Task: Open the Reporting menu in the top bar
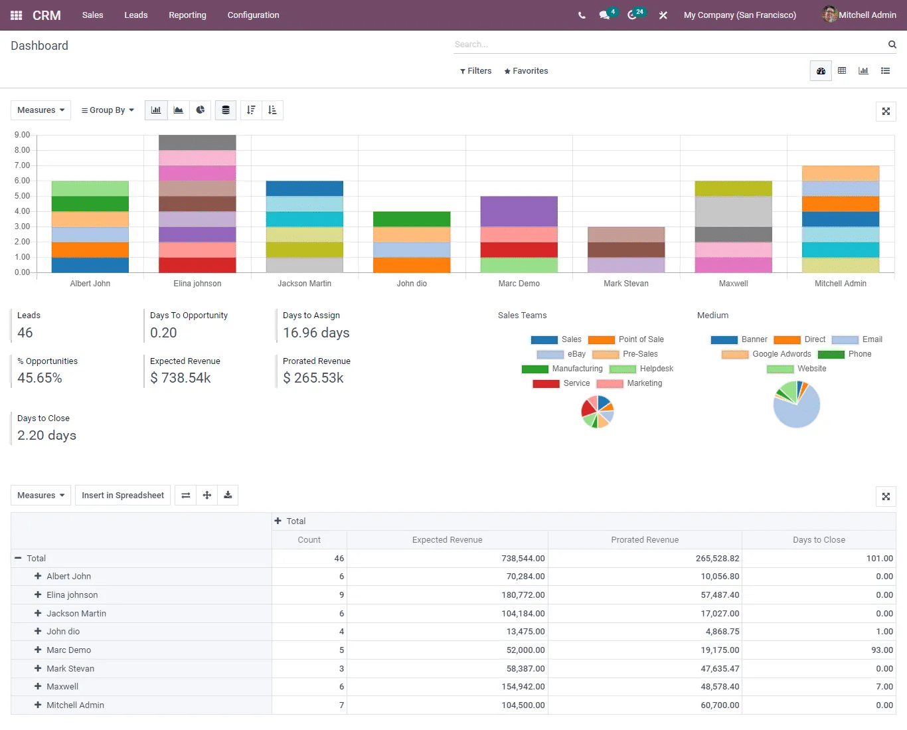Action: coord(187,15)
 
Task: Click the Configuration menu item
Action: coord(253,15)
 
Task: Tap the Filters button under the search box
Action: coord(475,71)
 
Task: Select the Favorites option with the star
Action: coord(526,71)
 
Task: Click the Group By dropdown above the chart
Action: coord(108,110)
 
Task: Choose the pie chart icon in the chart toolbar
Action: coord(200,110)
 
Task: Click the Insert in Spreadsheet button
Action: coord(123,496)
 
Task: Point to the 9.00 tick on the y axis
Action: coord(22,135)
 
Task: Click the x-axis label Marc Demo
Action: coord(519,284)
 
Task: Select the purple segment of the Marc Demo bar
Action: coord(519,211)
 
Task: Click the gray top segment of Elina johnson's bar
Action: coord(197,142)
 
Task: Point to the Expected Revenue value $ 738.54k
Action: coord(181,378)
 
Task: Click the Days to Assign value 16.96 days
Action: coord(316,333)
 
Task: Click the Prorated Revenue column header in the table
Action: coord(645,540)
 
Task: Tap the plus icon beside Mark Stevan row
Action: coord(38,668)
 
